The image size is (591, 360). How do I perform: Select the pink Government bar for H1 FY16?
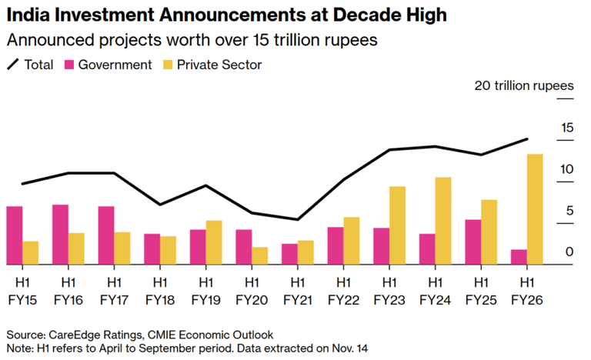coord(61,235)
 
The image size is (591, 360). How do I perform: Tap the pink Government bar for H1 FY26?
coord(519,257)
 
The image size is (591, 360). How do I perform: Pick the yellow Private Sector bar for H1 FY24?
coord(443,221)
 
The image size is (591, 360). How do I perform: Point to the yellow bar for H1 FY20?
coord(259,256)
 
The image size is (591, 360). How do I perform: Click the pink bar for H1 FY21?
coord(289,254)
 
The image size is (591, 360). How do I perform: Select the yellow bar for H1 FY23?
coord(397,225)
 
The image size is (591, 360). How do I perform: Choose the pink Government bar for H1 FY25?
coord(473,242)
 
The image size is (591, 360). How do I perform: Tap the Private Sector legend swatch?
coord(166,65)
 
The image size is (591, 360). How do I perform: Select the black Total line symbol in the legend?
coord(13,65)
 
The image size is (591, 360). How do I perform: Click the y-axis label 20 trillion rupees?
coord(523,85)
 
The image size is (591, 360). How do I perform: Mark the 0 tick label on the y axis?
coord(569,252)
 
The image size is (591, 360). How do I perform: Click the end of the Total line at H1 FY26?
coord(527,139)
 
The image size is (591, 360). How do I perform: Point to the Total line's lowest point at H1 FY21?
coord(298,220)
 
